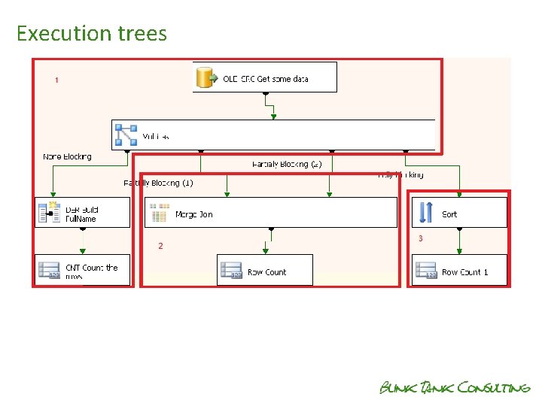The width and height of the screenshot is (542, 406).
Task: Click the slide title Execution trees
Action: [x=91, y=34]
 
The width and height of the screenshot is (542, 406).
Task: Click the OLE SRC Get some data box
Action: [x=265, y=77]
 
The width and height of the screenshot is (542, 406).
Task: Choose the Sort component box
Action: [x=459, y=214]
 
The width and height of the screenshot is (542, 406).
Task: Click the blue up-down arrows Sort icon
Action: [x=425, y=214]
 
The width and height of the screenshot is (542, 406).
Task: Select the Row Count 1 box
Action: [x=459, y=271]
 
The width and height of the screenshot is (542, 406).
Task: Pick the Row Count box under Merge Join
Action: [x=265, y=271]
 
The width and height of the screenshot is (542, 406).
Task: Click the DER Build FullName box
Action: [x=82, y=214]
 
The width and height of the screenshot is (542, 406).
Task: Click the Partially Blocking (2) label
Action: [x=287, y=163]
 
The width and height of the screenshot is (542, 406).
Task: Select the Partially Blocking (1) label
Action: [x=158, y=183]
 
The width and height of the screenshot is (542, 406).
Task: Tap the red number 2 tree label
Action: [x=160, y=246]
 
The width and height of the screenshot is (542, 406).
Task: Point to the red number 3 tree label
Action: [x=421, y=239]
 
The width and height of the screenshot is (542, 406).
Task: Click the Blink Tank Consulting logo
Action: [x=455, y=387]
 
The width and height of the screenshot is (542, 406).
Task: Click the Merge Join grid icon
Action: [x=159, y=214]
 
